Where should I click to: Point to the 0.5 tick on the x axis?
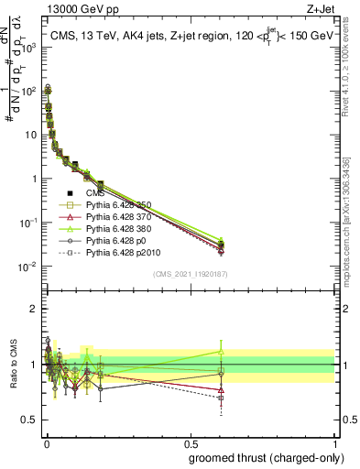pos(191,442)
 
